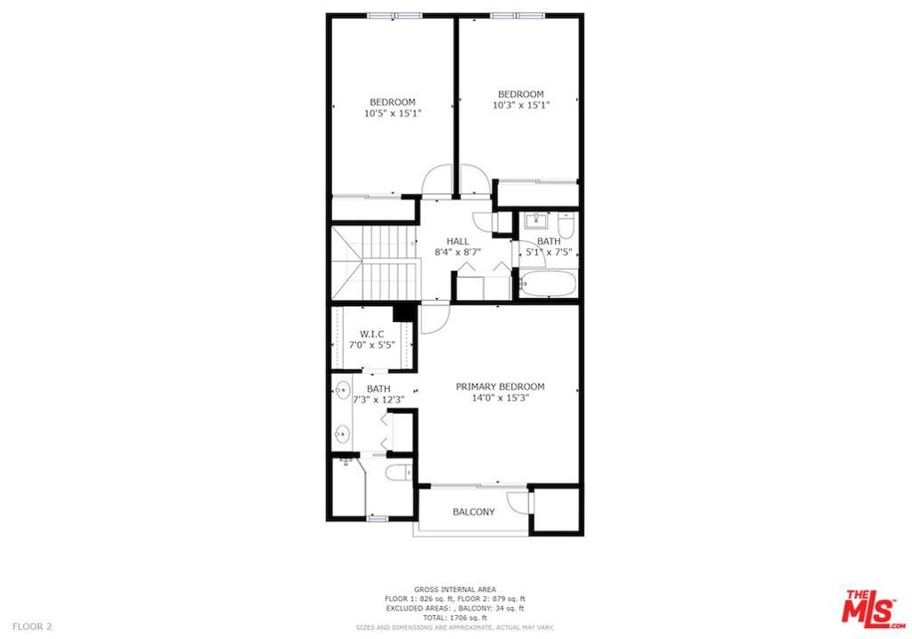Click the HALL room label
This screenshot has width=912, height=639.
click(458, 241)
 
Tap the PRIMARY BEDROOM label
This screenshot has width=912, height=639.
click(501, 386)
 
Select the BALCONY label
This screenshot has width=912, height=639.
click(474, 513)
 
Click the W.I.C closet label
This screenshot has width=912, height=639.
click(371, 334)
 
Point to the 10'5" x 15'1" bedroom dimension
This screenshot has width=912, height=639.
click(393, 113)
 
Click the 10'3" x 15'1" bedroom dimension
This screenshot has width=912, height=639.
click(521, 105)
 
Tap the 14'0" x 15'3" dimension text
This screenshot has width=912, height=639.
click(501, 399)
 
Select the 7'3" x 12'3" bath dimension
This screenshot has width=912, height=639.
click(379, 400)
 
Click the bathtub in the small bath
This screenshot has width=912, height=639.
click(547, 284)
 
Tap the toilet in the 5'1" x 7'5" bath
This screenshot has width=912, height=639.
click(566, 223)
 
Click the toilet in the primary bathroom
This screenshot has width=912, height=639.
click(398, 472)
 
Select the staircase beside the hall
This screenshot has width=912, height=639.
click(374, 262)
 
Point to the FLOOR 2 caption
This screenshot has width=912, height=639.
click(32, 627)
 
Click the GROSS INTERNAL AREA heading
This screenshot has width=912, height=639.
click(455, 589)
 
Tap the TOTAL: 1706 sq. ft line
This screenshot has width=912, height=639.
click(455, 618)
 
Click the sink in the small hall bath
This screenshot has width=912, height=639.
click(535, 221)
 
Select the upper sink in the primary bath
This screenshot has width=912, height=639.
click(343, 388)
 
